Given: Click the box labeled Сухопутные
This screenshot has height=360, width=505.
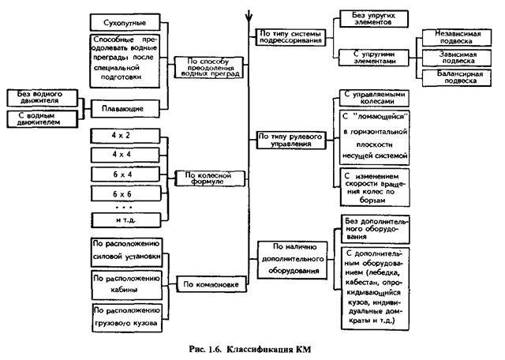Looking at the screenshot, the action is pyautogui.click(x=125, y=23).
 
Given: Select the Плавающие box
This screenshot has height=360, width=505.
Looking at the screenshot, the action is pyautogui.click(x=125, y=109).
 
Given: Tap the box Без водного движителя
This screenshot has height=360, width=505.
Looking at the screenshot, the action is pyautogui.click(x=42, y=98).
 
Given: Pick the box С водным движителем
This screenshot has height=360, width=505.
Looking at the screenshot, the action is pyautogui.click(x=42, y=119).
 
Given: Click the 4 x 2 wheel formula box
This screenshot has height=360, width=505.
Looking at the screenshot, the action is pyautogui.click(x=125, y=136).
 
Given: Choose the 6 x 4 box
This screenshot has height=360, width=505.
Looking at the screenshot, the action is pyautogui.click(x=125, y=174).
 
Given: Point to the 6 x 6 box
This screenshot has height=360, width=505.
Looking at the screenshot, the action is pyautogui.click(x=125, y=193).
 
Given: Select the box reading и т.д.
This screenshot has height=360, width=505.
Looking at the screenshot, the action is pyautogui.click(x=126, y=220).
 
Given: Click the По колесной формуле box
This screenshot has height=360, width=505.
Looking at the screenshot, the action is pyautogui.click(x=210, y=178).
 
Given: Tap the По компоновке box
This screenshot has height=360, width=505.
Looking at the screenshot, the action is pyautogui.click(x=211, y=284).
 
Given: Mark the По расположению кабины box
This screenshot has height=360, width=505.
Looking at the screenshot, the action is pyautogui.click(x=126, y=285).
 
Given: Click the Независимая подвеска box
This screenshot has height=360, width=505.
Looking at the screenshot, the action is pyautogui.click(x=457, y=38).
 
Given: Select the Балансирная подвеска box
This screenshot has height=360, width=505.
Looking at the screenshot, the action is pyautogui.click(x=457, y=77).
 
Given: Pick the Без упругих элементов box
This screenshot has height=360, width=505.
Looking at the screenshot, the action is pyautogui.click(x=373, y=19).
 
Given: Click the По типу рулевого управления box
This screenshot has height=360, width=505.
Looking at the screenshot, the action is pyautogui.click(x=291, y=141).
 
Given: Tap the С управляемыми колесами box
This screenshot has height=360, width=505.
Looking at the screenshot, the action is pyautogui.click(x=374, y=98).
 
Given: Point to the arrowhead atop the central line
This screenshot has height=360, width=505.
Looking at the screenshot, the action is pyautogui.click(x=249, y=16).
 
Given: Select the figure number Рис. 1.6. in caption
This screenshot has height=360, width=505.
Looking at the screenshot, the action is pyautogui.click(x=205, y=350).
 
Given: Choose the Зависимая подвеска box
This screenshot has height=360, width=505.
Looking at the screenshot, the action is pyautogui.click(x=457, y=58).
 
